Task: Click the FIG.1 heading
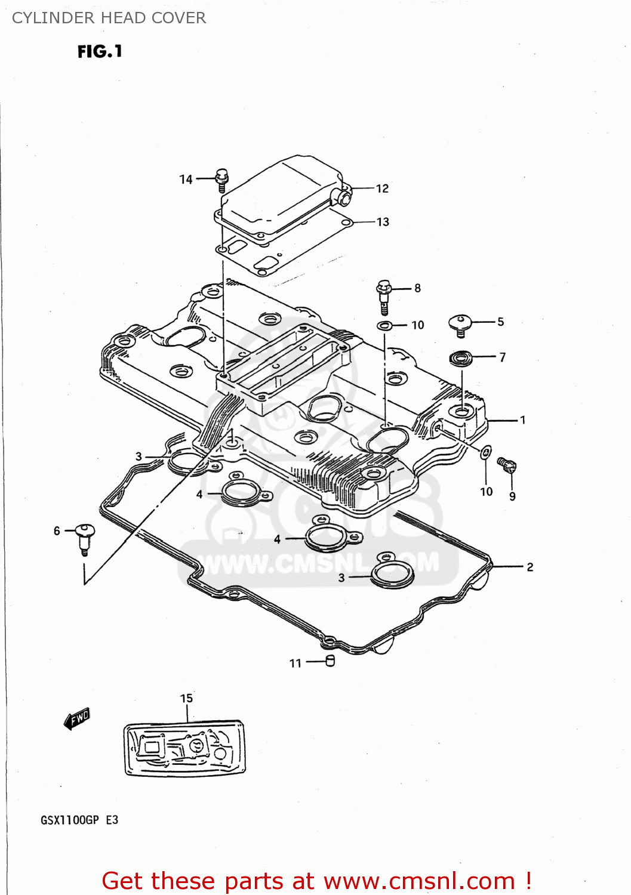pyautogui.click(x=100, y=52)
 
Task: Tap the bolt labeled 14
pyautogui.click(x=222, y=180)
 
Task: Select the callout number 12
pyautogui.click(x=382, y=189)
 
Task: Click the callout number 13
pyautogui.click(x=383, y=222)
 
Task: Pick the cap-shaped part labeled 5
pyautogui.click(x=460, y=325)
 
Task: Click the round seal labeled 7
pyautogui.click(x=461, y=358)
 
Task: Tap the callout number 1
pyautogui.click(x=522, y=420)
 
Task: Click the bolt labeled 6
pyautogui.click(x=85, y=537)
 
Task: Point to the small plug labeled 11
pyautogui.click(x=330, y=661)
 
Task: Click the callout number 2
pyautogui.click(x=530, y=567)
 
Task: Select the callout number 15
pyautogui.click(x=186, y=698)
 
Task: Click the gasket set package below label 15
pyautogui.click(x=184, y=749)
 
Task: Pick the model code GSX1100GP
pyautogui.click(x=70, y=820)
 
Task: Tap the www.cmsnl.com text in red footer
pyautogui.click(x=418, y=881)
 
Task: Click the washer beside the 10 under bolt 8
pyautogui.click(x=384, y=326)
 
